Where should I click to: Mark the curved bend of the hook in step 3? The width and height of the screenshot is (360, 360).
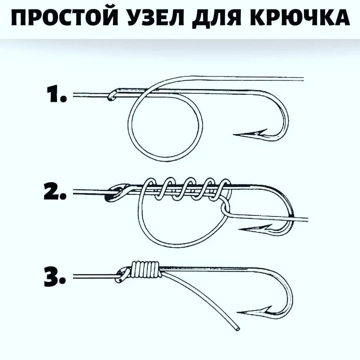tap(290, 292)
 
